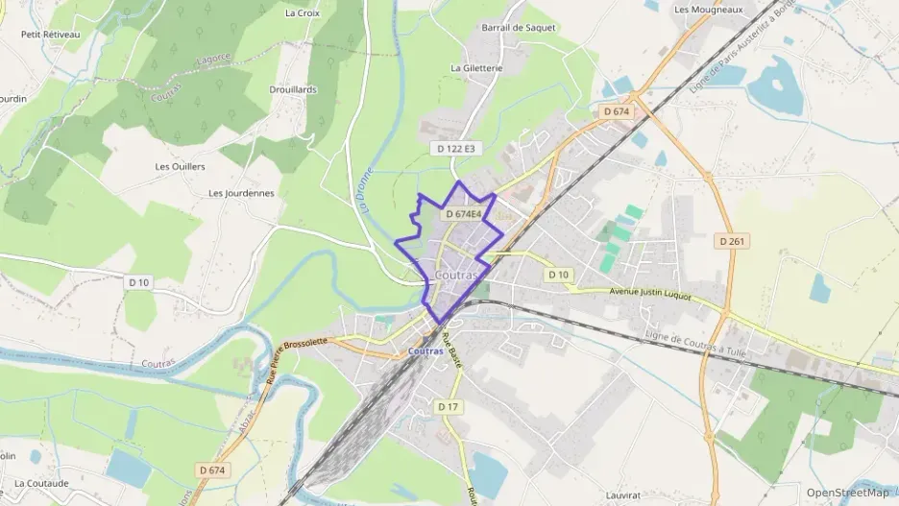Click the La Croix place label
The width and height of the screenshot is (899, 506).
[x=302, y=13]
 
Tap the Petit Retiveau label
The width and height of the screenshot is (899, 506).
[x=50, y=35]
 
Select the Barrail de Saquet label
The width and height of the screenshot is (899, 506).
[x=519, y=28]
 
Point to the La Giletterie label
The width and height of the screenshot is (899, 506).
[x=476, y=68]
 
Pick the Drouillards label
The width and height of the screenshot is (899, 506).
[x=293, y=89]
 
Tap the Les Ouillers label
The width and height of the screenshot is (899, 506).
[x=180, y=166]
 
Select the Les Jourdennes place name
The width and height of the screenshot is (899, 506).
[x=241, y=193]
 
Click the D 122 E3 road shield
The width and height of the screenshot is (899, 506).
[x=455, y=149]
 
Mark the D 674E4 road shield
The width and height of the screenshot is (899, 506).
[x=463, y=214]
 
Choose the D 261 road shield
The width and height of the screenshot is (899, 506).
[x=733, y=241]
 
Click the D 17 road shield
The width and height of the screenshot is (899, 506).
[x=449, y=407]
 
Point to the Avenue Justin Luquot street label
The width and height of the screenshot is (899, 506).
[x=650, y=294]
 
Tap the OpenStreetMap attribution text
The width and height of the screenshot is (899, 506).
[x=847, y=493]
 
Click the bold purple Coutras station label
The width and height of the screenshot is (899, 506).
[x=425, y=351]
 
